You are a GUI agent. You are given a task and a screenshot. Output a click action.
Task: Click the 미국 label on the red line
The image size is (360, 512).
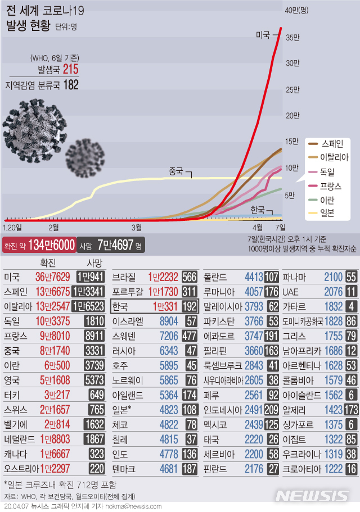[262, 35]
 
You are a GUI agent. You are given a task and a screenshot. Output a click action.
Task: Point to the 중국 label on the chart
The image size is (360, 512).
[176, 171]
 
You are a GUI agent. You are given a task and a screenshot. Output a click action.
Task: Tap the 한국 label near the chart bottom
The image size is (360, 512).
[258, 210]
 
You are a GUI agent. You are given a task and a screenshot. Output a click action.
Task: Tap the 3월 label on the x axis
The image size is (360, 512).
[136, 227]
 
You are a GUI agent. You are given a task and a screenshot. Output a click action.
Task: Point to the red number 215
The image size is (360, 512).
[71, 70]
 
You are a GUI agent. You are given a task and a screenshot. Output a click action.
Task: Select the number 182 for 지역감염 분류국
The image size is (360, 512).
[71, 84]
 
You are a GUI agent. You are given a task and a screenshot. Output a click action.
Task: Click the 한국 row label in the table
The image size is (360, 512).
[120, 306]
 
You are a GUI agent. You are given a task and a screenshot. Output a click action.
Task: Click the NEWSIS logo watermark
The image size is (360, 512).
[313, 495]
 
